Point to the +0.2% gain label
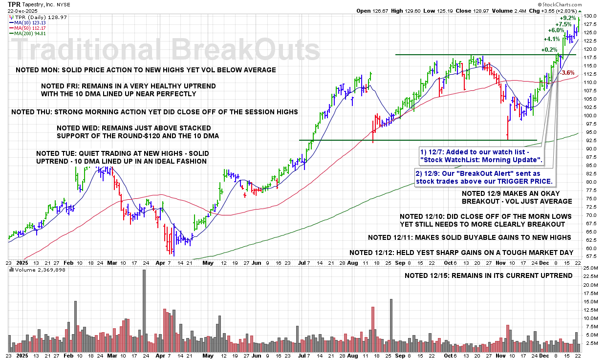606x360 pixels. click(549, 49)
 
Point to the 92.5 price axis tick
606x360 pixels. click(589, 141)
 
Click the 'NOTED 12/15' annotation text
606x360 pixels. click(488, 275)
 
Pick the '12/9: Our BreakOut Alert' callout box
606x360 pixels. click(484, 177)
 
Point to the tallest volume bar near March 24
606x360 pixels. click(144, 310)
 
